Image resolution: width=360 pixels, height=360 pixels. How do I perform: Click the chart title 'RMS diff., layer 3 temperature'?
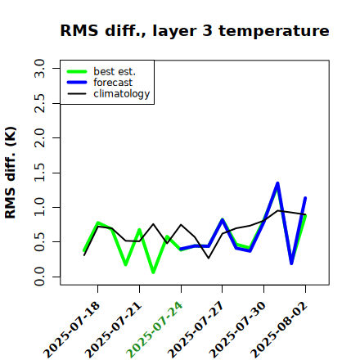195,31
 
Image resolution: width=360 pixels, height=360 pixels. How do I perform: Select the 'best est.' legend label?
115,71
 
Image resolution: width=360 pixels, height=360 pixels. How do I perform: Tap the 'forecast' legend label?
113,83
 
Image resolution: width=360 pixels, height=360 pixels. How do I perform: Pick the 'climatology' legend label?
122,94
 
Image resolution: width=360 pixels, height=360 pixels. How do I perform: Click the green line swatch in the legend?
77,72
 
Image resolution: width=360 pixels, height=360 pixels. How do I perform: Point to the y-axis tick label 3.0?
39,68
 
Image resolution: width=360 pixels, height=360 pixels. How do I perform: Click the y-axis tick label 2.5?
39,103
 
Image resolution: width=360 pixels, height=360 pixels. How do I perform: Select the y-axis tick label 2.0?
39,137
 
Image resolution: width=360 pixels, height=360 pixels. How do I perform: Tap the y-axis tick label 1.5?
39,173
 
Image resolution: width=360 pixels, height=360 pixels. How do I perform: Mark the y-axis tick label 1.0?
39,207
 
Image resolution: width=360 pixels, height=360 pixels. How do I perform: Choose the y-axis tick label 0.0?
39,277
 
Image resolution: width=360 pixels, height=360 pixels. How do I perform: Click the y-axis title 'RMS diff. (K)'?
11,173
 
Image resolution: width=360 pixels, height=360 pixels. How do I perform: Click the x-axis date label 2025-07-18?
72,330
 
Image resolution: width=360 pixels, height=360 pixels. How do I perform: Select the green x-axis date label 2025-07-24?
155,330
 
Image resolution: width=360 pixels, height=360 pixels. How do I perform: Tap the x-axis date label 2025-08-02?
279,330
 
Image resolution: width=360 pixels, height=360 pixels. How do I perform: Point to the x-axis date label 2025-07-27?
196,330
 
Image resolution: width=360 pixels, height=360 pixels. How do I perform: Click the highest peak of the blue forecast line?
277,183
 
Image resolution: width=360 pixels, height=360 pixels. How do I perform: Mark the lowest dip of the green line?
153,272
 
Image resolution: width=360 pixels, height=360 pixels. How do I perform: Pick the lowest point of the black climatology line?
209,258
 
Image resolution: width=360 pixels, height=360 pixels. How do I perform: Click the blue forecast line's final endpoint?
305,198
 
